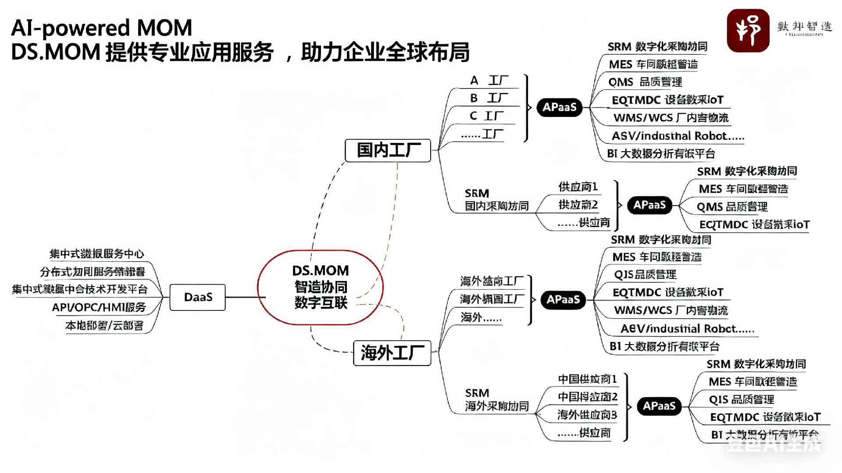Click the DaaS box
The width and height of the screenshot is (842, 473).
[198, 297]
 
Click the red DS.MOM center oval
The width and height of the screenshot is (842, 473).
[321, 287]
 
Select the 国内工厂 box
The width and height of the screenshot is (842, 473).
[388, 150]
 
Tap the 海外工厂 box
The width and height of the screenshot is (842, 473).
[392, 353]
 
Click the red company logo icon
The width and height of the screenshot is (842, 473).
[748, 30]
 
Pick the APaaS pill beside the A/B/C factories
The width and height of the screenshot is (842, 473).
[559, 107]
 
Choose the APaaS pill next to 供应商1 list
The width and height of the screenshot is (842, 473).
[649, 205]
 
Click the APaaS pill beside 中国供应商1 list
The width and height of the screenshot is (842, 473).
[659, 406]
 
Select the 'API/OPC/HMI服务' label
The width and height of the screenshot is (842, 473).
[99, 307]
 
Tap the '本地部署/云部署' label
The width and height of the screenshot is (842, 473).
[104, 325]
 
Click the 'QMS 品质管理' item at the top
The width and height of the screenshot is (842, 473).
[645, 82]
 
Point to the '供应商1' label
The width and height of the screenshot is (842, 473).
[578, 187]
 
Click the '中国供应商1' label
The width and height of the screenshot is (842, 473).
[587, 379]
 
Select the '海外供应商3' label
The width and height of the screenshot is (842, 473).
[587, 415]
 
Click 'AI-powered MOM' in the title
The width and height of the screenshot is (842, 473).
[102, 28]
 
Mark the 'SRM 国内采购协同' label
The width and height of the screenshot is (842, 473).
[496, 200]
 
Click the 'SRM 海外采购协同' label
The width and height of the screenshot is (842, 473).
[496, 400]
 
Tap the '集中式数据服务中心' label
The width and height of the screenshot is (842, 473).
[97, 254]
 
